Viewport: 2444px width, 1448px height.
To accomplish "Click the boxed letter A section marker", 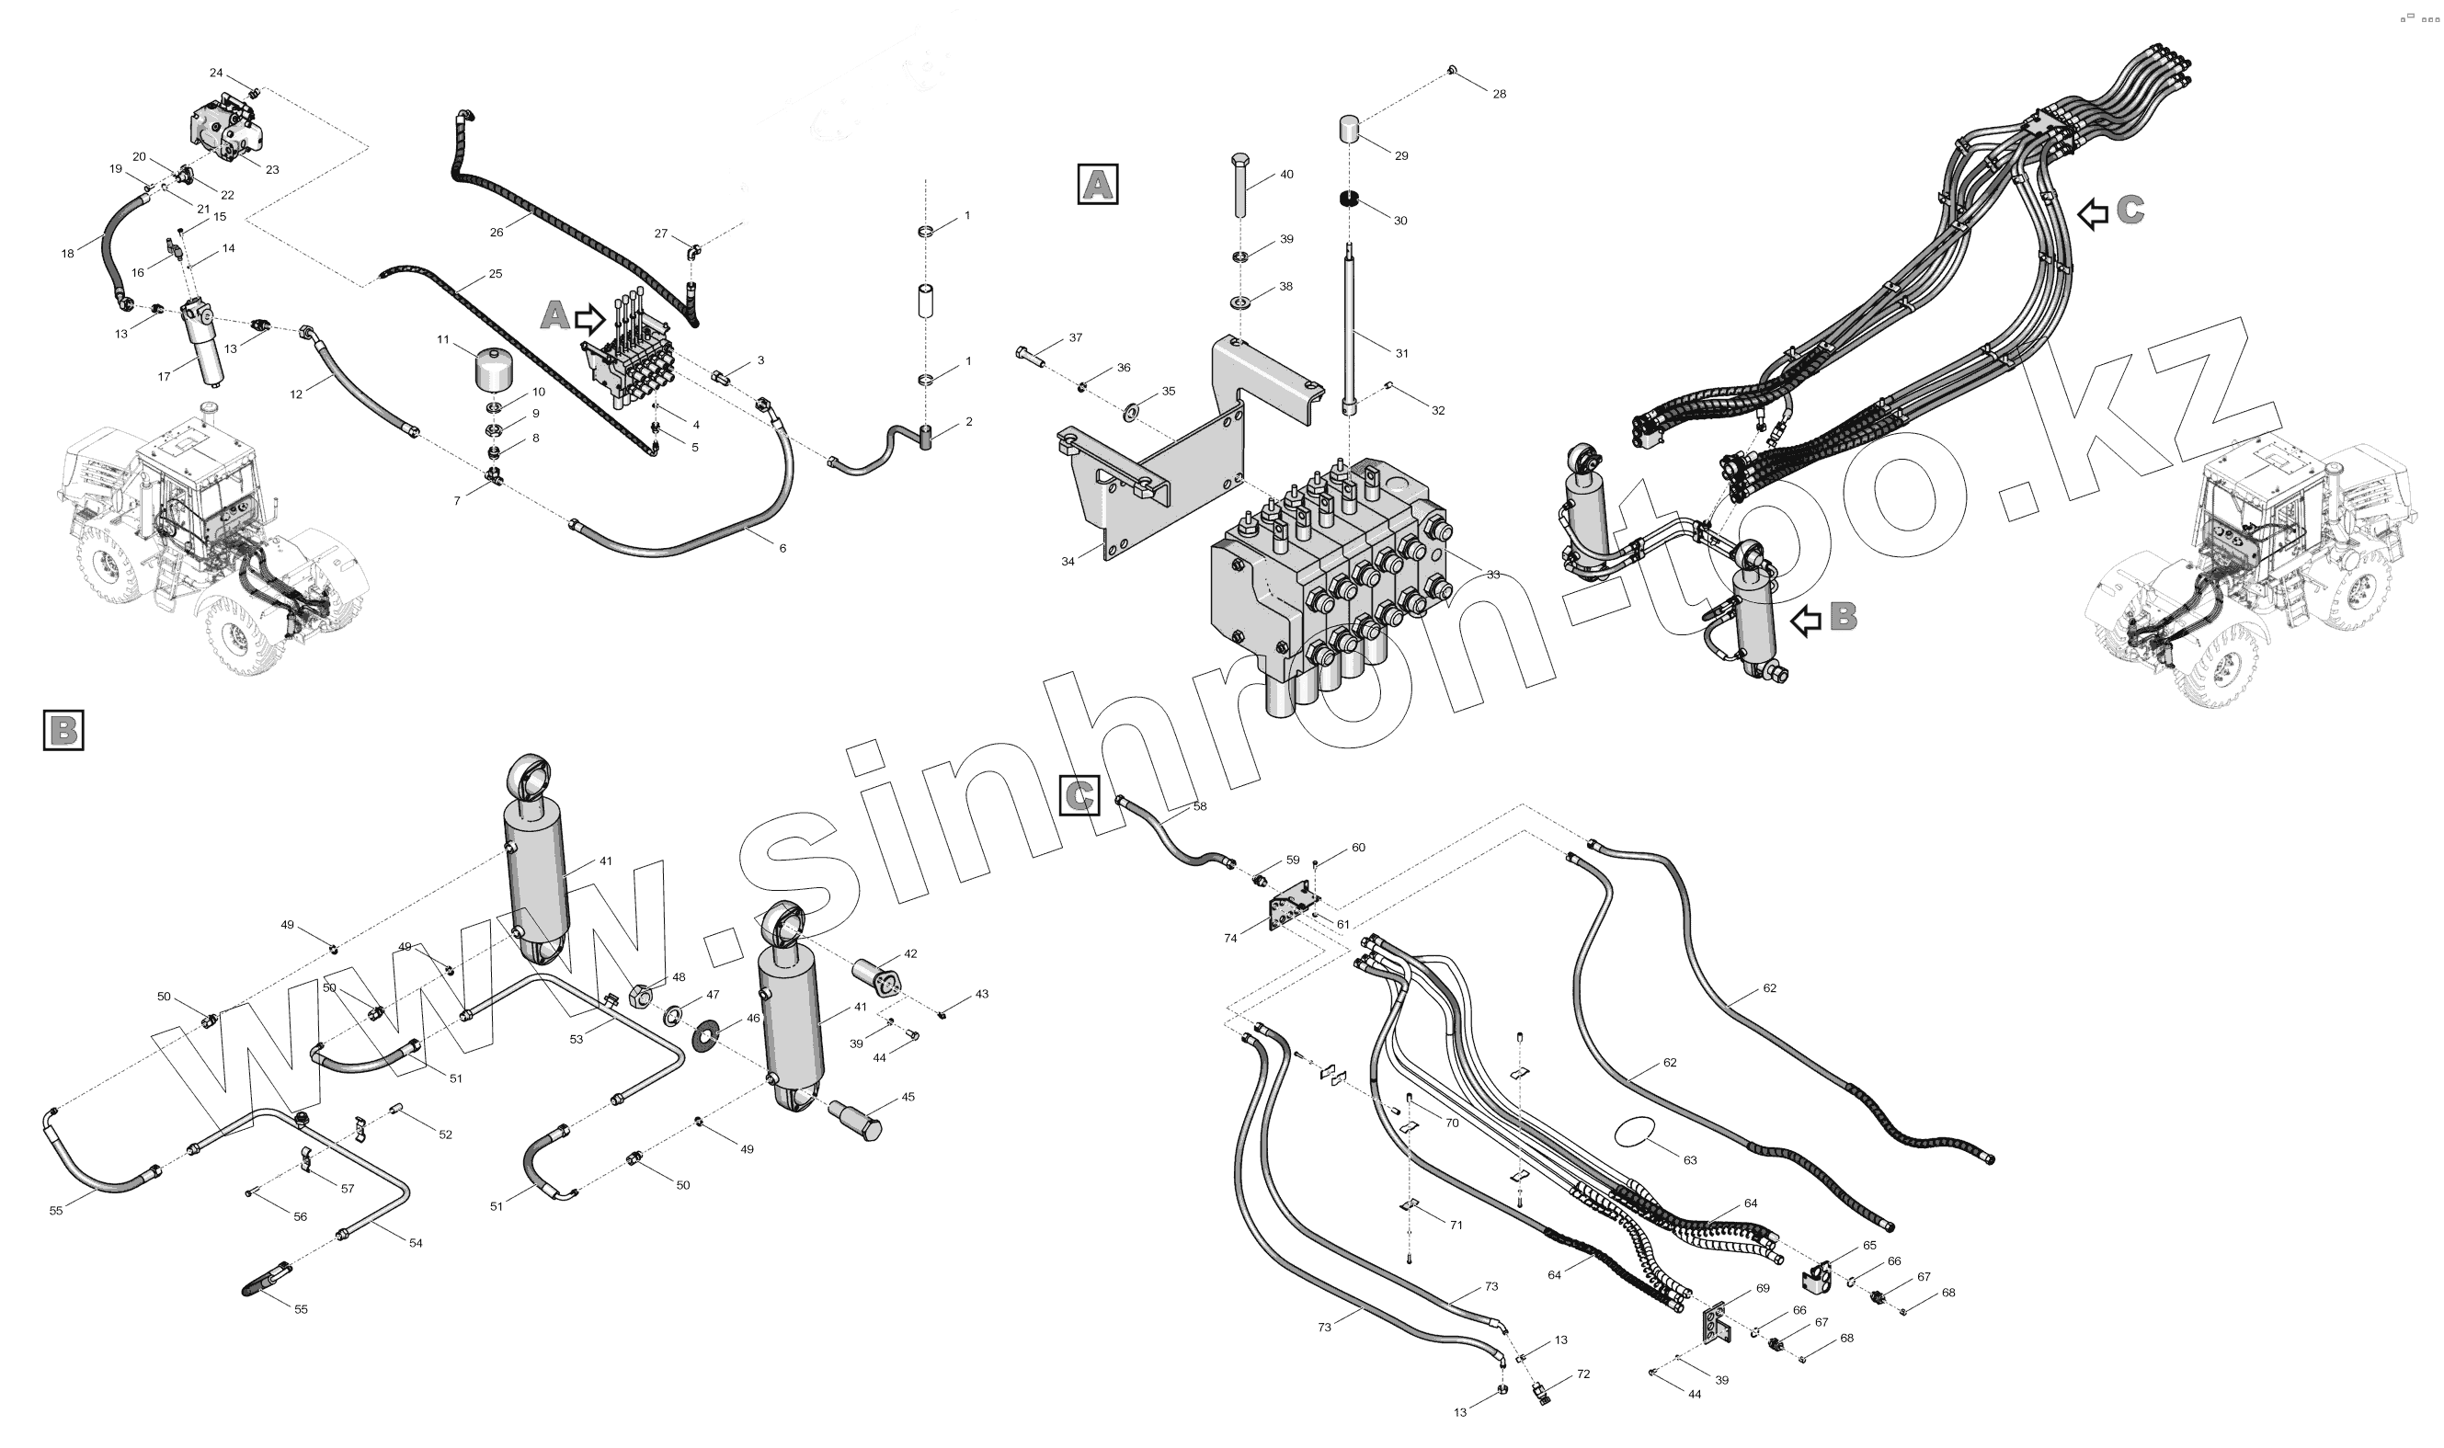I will [1097, 184].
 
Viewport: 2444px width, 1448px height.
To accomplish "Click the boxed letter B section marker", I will [63, 730].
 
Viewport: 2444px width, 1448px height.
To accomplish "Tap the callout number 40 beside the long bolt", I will [1286, 175].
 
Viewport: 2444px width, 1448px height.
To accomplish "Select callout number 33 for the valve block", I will [1492, 575].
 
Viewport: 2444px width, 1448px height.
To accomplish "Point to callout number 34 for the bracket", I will [1068, 561].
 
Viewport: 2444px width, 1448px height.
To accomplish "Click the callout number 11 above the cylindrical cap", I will [443, 339].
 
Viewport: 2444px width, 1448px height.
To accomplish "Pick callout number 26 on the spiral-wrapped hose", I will [497, 233].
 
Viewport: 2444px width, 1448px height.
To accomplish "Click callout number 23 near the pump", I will [272, 170].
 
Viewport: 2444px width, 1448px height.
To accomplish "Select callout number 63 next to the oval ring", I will [1690, 1160].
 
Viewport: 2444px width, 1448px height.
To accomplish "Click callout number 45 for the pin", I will [908, 1097].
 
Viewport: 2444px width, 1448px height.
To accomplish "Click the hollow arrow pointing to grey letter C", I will [2092, 213].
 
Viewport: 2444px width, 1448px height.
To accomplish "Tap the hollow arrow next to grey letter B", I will [1807, 619].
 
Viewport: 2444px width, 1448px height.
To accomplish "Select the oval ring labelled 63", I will [1637, 1133].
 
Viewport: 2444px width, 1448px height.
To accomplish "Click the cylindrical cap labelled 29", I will [1352, 129].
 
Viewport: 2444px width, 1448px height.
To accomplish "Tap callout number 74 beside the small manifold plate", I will [1230, 938].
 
